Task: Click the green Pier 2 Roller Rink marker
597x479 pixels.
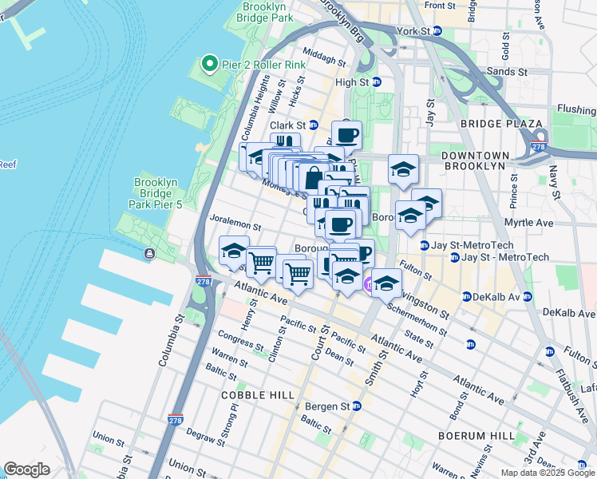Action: tap(209, 62)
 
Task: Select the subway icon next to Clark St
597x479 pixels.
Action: tap(314, 125)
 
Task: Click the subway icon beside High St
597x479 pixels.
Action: tap(376, 81)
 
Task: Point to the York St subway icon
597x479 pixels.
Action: tap(437, 30)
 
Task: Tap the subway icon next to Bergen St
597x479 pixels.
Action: tap(356, 406)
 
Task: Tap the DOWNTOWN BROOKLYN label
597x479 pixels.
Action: tap(475, 160)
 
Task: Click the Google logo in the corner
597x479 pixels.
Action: tap(26, 469)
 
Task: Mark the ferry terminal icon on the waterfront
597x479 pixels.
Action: tap(149, 254)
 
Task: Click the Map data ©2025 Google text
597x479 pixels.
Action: tap(548, 473)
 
